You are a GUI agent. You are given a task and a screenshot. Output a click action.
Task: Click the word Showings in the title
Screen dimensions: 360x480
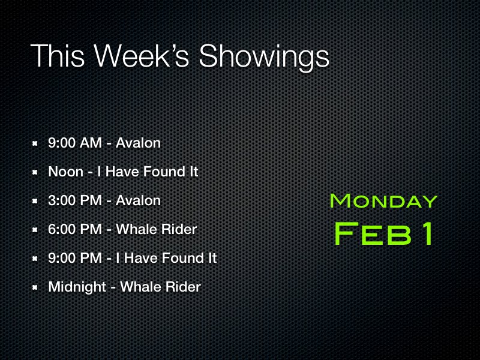click(264, 57)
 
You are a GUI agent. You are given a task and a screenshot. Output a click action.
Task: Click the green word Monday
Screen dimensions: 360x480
click(383, 200)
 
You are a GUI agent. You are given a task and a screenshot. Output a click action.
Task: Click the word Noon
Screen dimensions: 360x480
click(65, 172)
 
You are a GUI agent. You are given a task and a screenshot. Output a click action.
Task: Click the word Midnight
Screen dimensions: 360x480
click(77, 287)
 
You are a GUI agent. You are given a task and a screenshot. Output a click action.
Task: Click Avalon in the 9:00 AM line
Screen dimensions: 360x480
click(138, 143)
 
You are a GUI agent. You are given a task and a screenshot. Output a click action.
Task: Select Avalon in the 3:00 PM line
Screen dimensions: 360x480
click(138, 201)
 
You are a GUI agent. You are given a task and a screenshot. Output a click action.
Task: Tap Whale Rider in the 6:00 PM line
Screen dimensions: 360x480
click(156, 230)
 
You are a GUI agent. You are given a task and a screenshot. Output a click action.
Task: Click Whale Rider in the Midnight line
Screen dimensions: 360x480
click(160, 287)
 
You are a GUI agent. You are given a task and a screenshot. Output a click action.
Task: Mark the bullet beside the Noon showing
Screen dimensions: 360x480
click(35, 172)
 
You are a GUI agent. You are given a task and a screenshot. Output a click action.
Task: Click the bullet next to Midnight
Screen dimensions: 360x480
click(35, 287)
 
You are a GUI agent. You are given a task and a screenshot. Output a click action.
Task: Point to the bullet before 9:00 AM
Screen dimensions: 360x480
click(35, 143)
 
